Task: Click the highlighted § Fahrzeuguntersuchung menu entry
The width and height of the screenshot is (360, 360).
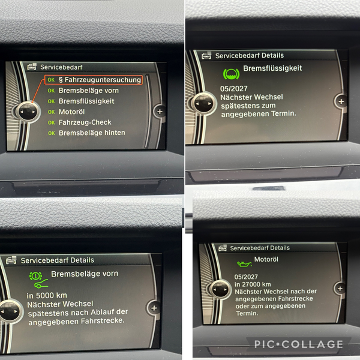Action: (94, 80)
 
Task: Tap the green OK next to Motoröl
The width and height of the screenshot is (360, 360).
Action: (51, 112)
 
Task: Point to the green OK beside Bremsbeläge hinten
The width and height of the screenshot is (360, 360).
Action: (52, 133)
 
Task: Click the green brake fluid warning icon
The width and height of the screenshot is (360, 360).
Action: (231, 74)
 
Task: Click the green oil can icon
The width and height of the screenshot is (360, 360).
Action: (244, 264)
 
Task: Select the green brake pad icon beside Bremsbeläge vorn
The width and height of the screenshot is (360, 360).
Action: (38, 280)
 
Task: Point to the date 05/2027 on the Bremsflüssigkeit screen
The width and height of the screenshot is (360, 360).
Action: (234, 89)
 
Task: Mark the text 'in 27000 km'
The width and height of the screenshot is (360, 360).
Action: (253, 284)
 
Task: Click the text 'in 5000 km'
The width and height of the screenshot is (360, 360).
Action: (47, 295)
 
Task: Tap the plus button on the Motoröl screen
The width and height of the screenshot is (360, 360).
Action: (340, 289)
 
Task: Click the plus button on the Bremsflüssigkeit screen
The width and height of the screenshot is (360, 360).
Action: (341, 101)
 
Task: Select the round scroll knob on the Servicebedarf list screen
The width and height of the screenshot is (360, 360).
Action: (28, 112)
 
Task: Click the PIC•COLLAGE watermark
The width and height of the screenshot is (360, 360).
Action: (299, 344)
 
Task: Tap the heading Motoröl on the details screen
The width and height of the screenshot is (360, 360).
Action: (266, 259)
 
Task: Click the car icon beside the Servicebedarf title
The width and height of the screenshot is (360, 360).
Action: (32, 67)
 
